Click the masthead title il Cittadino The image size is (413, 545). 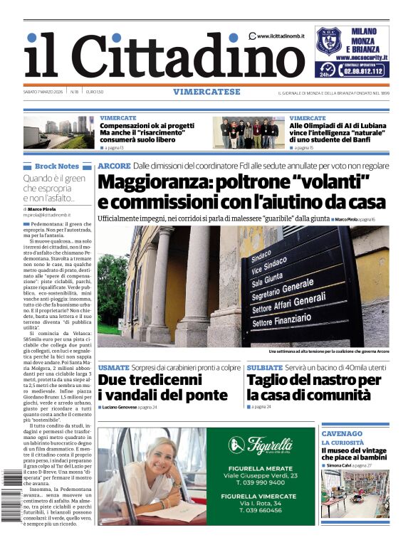pos(154,56)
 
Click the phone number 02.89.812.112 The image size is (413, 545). pos(362,71)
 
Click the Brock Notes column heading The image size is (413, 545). pos(57,166)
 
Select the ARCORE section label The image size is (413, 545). pos(114,166)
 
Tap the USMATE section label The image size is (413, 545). pos(113,368)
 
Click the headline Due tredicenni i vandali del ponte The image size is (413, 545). pos(162,388)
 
